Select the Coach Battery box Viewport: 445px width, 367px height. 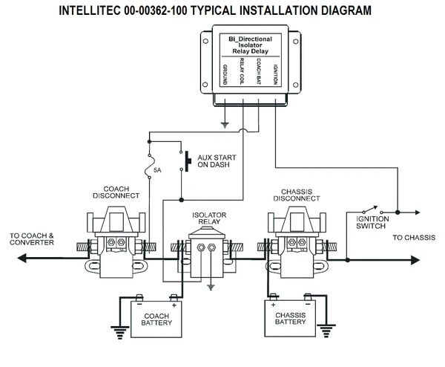pos(156,319)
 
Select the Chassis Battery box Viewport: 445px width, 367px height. pos(290,318)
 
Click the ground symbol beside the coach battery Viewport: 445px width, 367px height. pos(119,332)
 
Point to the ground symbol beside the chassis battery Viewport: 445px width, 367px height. pos(326,331)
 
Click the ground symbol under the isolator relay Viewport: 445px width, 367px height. pos(211,288)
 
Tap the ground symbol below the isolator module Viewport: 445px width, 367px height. pos(225,125)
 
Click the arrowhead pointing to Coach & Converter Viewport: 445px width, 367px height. pos(22,258)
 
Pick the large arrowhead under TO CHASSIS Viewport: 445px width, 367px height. pos(415,260)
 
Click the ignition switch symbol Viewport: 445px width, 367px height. pos(372,210)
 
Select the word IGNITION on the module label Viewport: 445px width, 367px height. pos(275,74)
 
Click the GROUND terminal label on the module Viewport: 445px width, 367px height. pos(225,75)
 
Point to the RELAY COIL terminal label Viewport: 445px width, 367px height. pos(242,71)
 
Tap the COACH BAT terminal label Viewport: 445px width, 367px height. pos(259,71)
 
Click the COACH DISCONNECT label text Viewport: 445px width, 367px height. pos(116,192)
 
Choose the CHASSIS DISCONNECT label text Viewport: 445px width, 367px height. pos(297,195)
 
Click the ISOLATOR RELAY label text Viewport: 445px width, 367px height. pos(209,218)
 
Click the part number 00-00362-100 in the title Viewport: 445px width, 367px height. pos(156,10)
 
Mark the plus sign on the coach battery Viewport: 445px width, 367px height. pos(174,305)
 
